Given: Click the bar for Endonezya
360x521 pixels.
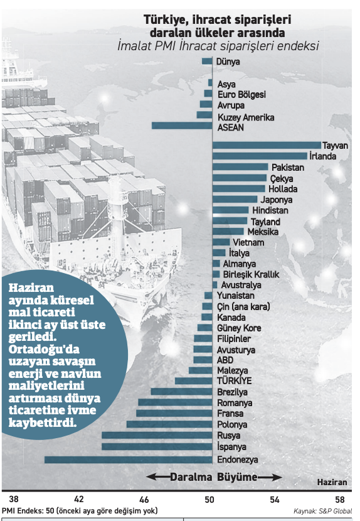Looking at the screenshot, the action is [x=128, y=459].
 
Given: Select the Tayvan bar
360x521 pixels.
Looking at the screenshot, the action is [x=267, y=145].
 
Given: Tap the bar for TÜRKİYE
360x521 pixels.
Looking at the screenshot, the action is [x=194, y=381].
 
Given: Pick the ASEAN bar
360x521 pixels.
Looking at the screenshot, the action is [x=182, y=126].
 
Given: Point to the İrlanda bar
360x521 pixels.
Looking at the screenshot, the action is [x=260, y=156].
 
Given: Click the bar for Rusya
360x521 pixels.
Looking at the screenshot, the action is [x=157, y=435].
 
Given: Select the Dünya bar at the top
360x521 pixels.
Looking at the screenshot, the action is [x=207, y=61].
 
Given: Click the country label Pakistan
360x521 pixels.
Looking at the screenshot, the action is [x=288, y=168].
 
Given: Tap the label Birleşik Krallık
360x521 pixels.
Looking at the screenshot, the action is [x=251, y=274].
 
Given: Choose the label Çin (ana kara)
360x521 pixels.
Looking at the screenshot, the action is [x=243, y=307].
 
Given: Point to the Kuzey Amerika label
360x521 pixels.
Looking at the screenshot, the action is [x=246, y=117].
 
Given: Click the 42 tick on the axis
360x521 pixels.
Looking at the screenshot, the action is [x=78, y=499].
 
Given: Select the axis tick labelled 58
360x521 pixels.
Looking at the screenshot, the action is [x=340, y=499].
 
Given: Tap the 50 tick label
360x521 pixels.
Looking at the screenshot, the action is [x=209, y=499].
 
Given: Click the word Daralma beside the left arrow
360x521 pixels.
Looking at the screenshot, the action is [x=191, y=478].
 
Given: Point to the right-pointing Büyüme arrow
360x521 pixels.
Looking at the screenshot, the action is [x=270, y=478].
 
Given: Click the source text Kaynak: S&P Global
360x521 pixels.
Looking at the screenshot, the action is [x=322, y=511].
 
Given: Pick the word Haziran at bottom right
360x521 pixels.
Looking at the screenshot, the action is [x=332, y=482].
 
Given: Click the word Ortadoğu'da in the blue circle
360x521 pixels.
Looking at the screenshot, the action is [x=44, y=350].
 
